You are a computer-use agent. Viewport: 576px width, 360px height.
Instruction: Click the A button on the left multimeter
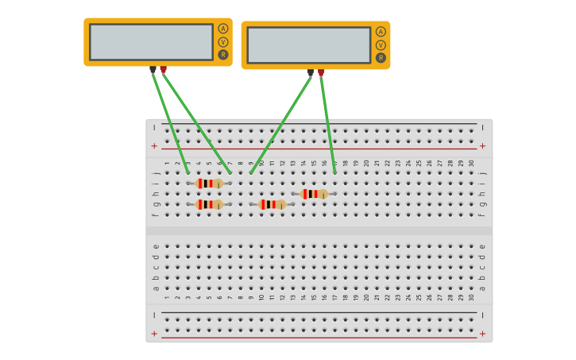(x=223, y=29)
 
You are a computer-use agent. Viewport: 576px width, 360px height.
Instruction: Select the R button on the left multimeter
(x=223, y=55)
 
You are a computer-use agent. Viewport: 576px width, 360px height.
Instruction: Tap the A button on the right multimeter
(x=381, y=32)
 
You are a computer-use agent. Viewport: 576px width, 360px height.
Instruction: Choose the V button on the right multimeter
(x=381, y=45)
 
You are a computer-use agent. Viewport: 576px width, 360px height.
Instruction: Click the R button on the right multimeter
(x=381, y=58)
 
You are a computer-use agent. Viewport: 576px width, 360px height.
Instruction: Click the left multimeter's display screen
(x=151, y=42)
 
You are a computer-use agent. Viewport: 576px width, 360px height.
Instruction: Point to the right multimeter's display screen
(x=308, y=45)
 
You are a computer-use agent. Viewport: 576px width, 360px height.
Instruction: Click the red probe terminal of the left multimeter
(x=163, y=70)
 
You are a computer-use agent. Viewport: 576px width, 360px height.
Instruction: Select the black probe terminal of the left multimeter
(x=153, y=70)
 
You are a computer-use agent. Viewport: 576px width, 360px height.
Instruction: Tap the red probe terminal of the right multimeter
(x=321, y=73)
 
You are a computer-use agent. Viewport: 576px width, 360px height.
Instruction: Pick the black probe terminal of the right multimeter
(x=310, y=73)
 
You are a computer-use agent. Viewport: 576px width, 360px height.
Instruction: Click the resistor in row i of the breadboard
(x=209, y=184)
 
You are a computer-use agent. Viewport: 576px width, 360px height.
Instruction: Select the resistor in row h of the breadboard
(x=314, y=194)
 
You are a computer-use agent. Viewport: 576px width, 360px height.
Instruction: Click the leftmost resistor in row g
(x=209, y=204)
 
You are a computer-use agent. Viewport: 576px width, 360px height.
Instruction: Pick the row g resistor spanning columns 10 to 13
(x=272, y=204)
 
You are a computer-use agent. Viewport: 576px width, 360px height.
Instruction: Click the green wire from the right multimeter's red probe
(x=327, y=123)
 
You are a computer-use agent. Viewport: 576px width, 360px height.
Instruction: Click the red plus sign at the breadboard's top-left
(x=154, y=146)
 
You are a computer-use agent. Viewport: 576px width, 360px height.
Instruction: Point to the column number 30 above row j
(x=471, y=163)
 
